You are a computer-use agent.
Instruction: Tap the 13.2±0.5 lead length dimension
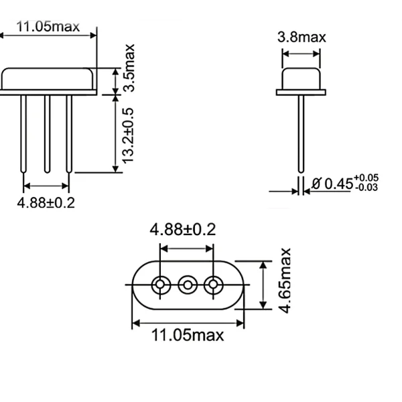pos(129,135)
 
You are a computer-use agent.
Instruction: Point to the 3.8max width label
pos(301,37)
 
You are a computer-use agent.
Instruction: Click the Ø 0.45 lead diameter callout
pos(332,183)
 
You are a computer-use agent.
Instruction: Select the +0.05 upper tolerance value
pos(366,178)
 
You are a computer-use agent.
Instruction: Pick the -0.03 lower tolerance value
pos(366,188)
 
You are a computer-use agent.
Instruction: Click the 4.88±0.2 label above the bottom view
pos(183,230)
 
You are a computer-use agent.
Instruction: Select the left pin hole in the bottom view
pos(160,285)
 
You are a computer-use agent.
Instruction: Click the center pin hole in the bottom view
pos(187,285)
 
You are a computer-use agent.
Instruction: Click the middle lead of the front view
pos(47,134)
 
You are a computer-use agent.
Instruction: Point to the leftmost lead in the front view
pos(24,134)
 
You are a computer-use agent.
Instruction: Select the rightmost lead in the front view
pos(69,134)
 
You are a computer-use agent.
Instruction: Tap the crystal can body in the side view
pos(301,79)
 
